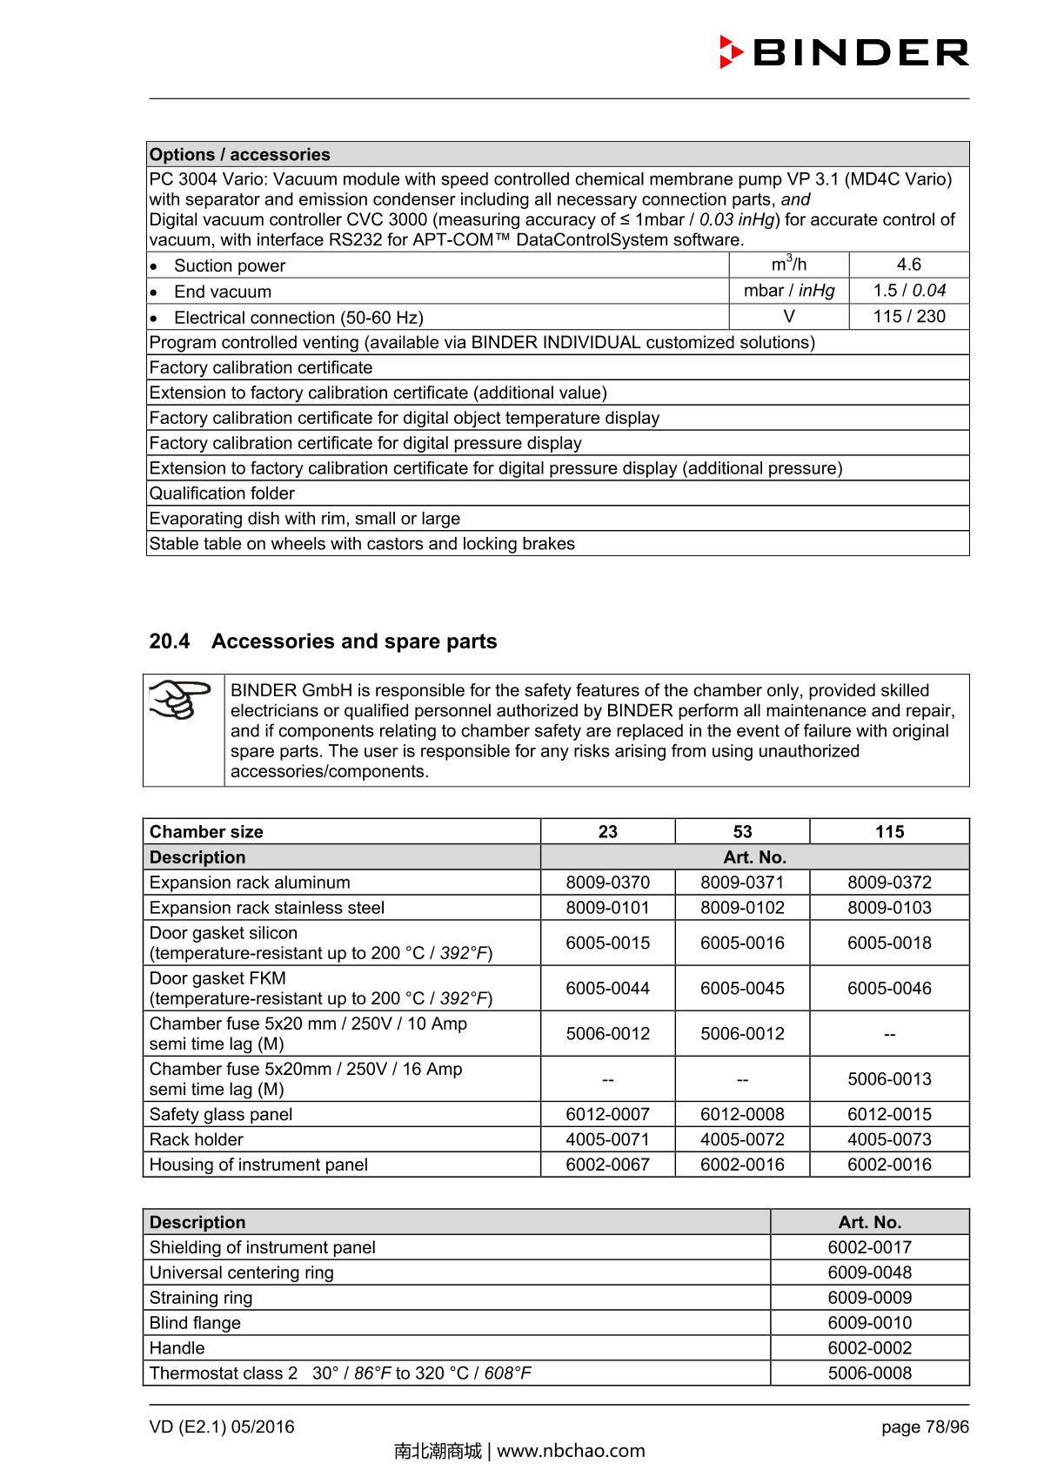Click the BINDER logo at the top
click(844, 52)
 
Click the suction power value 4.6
click(908, 265)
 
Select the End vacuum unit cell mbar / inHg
click(788, 291)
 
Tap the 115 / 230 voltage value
click(908, 317)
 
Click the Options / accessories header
click(240, 155)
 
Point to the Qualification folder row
click(222, 493)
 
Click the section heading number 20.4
click(169, 641)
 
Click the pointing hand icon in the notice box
click(182, 700)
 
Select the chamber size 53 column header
click(742, 832)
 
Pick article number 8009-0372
click(889, 883)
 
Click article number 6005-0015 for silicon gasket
click(607, 943)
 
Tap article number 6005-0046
click(889, 989)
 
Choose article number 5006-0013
click(889, 1079)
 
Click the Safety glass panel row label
click(221, 1115)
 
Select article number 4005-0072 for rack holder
click(742, 1140)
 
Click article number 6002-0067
click(607, 1165)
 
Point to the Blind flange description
click(195, 1324)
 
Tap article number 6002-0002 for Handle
click(869, 1349)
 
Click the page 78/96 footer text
click(924, 1427)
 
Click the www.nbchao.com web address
click(571, 1451)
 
